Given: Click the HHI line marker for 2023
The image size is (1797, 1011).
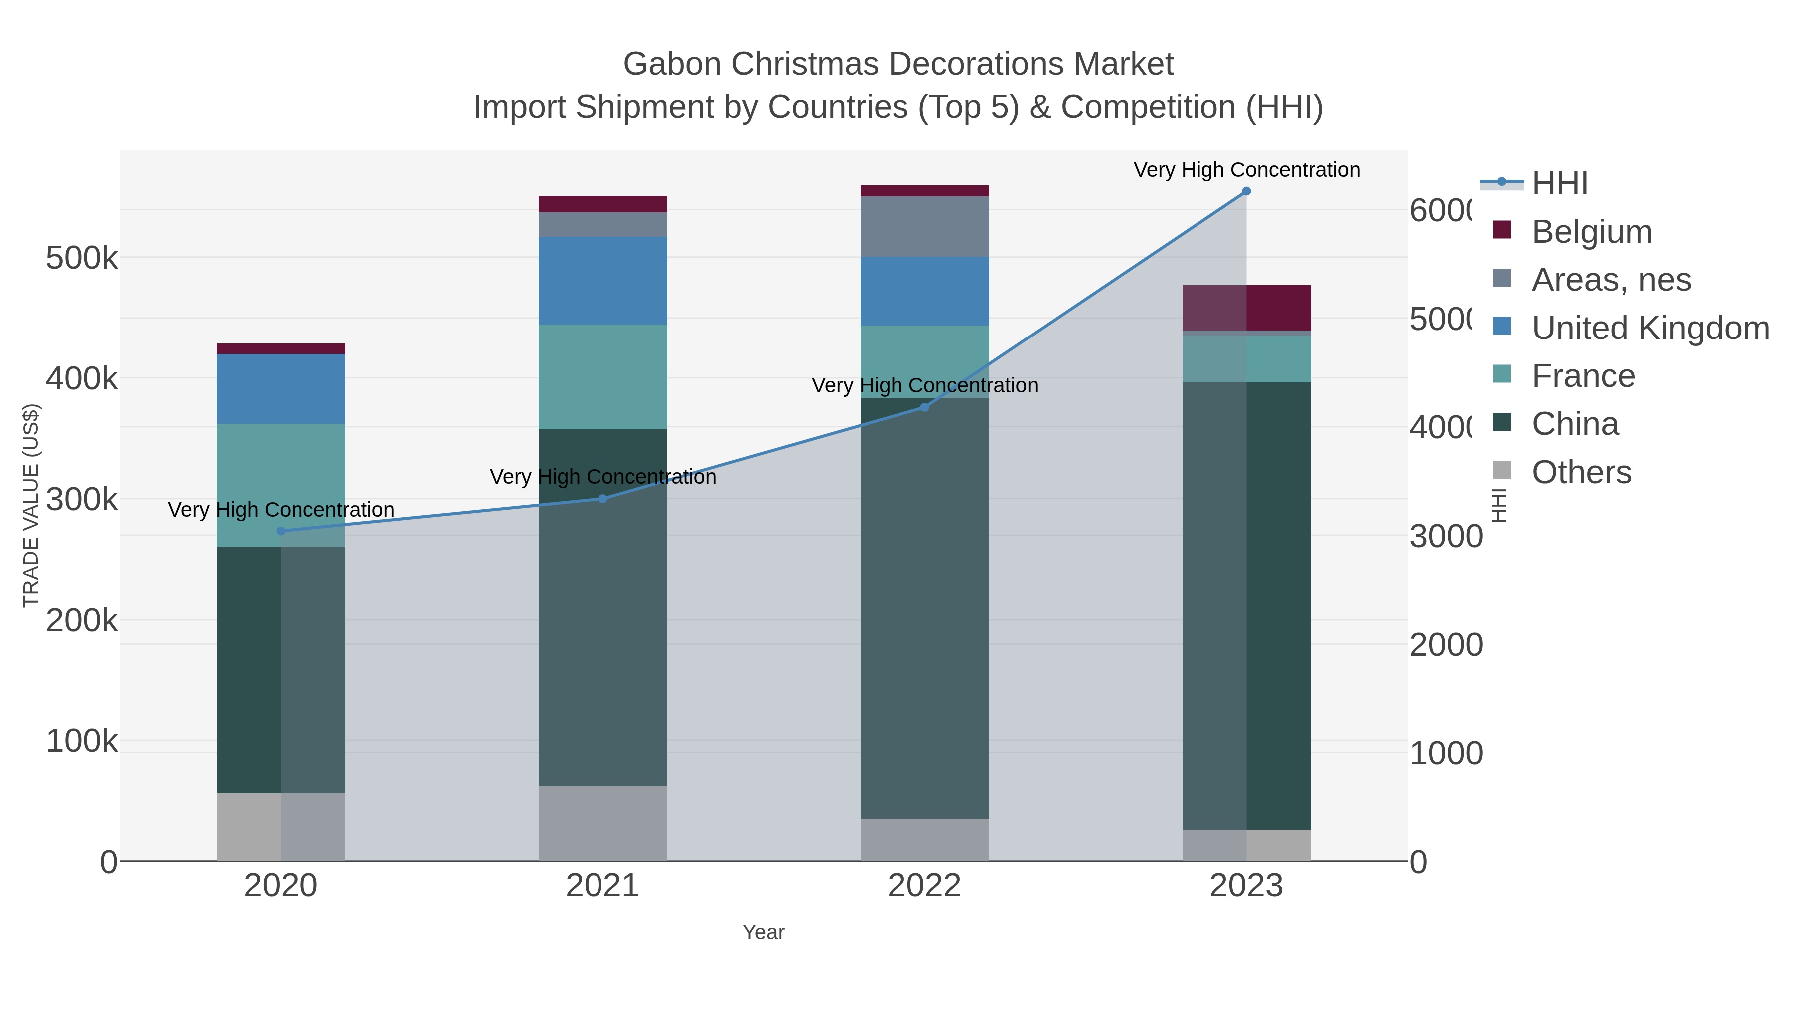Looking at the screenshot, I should pyautogui.click(x=1246, y=191).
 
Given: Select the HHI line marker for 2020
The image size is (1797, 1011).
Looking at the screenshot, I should pyautogui.click(x=281, y=531).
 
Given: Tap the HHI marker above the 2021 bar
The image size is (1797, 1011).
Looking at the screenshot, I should pyautogui.click(x=602, y=499).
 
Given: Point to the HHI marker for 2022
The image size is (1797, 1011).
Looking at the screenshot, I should pyautogui.click(x=924, y=407).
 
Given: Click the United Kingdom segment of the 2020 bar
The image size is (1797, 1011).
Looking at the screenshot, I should pyautogui.click(x=281, y=388).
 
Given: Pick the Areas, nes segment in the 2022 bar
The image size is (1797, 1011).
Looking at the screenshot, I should pyautogui.click(x=924, y=226).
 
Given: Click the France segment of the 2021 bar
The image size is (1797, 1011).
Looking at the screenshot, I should pyautogui.click(x=602, y=377).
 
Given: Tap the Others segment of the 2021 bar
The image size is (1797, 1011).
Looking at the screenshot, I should pyautogui.click(x=602, y=823).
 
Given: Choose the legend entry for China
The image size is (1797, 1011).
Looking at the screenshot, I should pyautogui.click(x=1574, y=424).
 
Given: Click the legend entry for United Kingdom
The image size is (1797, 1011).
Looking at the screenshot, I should pyautogui.click(x=1650, y=328).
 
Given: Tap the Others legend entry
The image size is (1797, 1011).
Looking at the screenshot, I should pyautogui.click(x=1581, y=472).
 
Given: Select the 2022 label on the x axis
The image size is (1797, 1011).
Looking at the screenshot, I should pyautogui.click(x=924, y=886).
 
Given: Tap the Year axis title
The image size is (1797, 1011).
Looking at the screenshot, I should pyautogui.click(x=763, y=932).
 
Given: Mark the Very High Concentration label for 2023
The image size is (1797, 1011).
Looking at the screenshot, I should pyautogui.click(x=1246, y=170).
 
